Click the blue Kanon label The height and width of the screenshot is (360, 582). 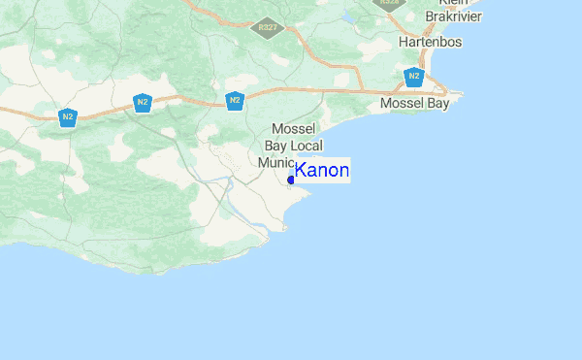(322, 171)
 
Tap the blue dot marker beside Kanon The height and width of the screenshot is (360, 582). (291, 180)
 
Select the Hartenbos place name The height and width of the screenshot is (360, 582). (430, 43)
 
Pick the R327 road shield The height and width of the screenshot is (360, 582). (264, 28)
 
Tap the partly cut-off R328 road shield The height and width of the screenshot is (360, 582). (390, 3)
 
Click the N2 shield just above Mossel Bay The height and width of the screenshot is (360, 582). (414, 77)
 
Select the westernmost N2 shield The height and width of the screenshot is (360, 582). (67, 117)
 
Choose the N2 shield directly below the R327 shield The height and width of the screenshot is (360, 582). (234, 100)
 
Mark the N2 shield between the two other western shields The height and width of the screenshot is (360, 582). (143, 102)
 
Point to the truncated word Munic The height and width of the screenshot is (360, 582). (275, 162)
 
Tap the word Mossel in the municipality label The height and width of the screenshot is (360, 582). (296, 128)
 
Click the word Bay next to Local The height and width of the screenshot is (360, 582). (276, 145)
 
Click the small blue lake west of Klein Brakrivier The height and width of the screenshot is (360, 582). (348, 16)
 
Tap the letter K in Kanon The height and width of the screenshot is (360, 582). (301, 171)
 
